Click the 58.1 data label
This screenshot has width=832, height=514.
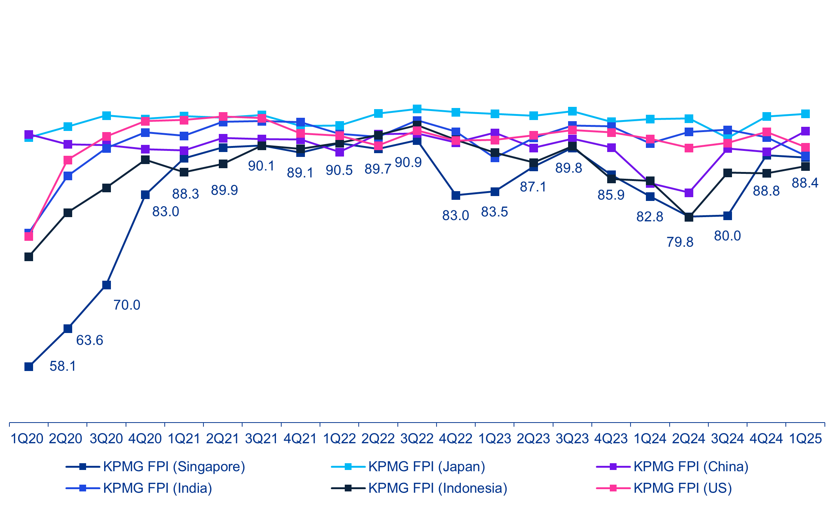point(63,366)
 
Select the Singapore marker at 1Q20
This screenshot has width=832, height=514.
point(29,366)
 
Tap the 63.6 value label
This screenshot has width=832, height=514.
point(89,341)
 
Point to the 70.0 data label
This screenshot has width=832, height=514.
point(127,305)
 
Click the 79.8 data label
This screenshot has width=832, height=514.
point(680,242)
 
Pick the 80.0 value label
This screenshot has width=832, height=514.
point(727,236)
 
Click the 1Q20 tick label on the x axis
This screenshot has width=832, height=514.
point(27,438)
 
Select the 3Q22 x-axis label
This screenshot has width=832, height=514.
point(417,438)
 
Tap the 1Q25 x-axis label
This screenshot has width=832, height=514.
point(805,438)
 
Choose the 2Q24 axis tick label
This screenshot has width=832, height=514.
point(688,438)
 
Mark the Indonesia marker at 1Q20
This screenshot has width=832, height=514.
point(29,257)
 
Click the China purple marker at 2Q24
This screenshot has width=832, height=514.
point(689,193)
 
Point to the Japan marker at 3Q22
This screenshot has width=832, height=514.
point(417,109)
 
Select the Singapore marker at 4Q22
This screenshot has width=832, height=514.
point(456,195)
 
